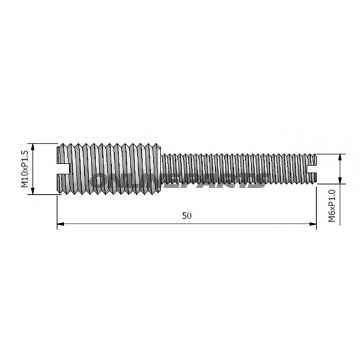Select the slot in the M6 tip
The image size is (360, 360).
pyautogui.click(x=317, y=167)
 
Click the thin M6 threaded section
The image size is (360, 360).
pyautogui.click(x=240, y=167)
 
